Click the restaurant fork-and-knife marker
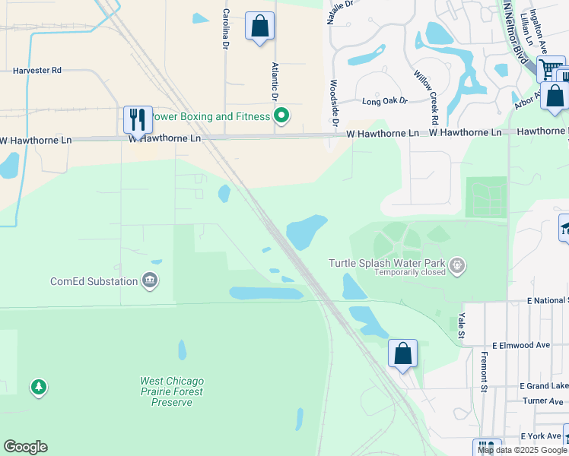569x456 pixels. [x=138, y=119]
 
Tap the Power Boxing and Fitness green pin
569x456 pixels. [x=281, y=116]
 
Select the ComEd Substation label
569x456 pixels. [x=94, y=281]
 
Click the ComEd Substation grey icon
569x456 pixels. [x=149, y=281]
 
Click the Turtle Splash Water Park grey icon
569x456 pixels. [x=456, y=265]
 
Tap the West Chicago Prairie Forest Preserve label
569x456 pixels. [x=172, y=391]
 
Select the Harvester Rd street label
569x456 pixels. [x=37, y=70]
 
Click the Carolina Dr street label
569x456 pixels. [x=226, y=29]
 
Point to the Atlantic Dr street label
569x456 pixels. [x=275, y=82]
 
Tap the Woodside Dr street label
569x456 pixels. [x=333, y=102]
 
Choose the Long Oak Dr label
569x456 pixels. [x=385, y=100]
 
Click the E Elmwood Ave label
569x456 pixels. [x=520, y=345]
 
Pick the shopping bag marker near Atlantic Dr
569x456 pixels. [x=259, y=26]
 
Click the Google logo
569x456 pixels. [x=25, y=447]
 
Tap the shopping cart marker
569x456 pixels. [x=549, y=70]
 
